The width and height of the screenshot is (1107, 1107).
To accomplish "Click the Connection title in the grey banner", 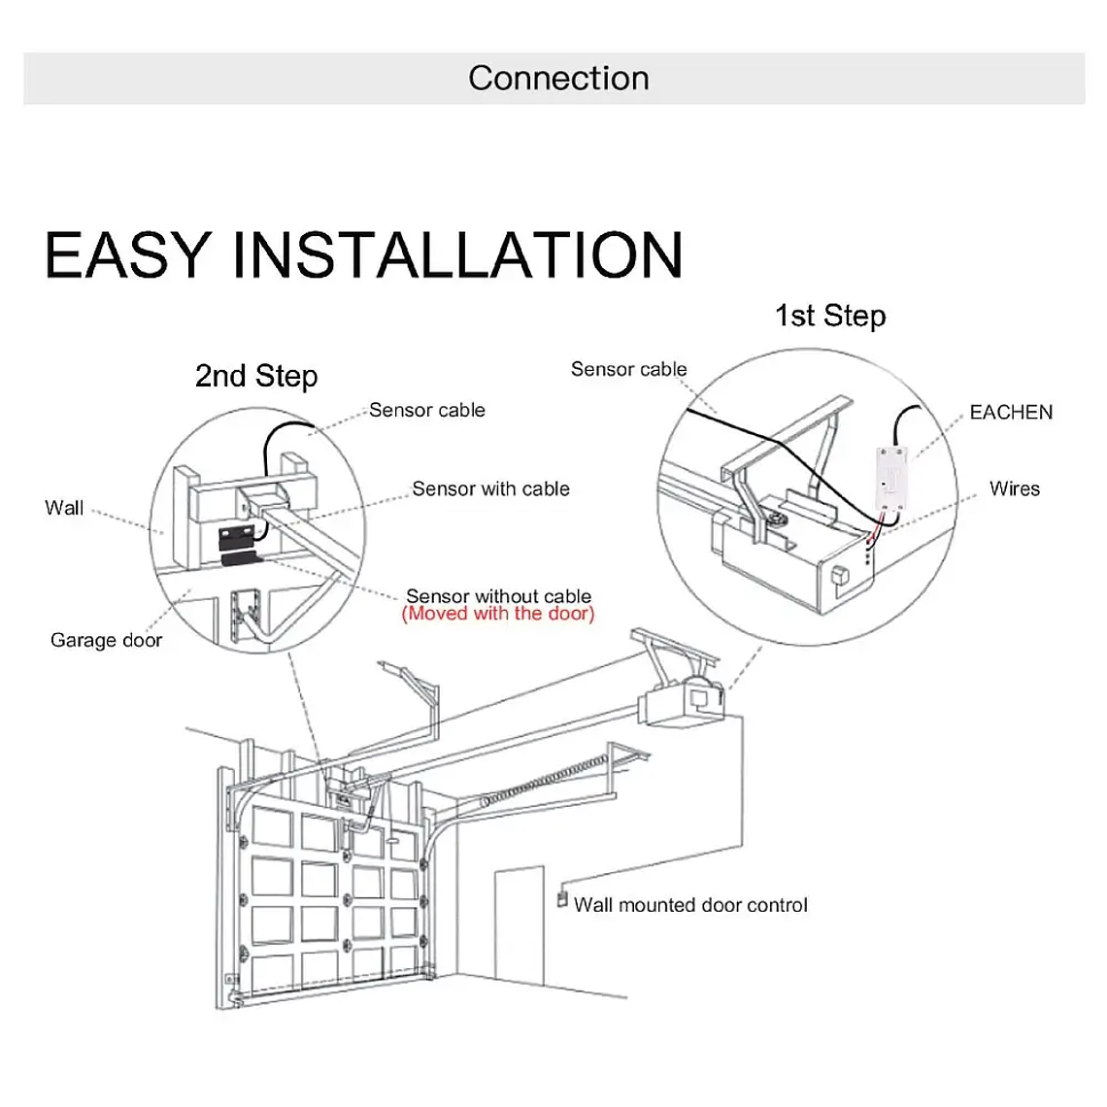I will (x=558, y=79).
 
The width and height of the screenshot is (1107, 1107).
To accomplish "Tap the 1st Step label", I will (x=830, y=316).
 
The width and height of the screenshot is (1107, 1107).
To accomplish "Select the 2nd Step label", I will (x=256, y=376).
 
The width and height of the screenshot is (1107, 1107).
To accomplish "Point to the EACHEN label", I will (x=1011, y=412).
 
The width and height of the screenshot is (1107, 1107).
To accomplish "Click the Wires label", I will (x=1014, y=488).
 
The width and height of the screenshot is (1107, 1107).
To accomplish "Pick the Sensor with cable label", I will (x=490, y=488).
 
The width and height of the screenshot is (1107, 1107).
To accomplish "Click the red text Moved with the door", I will (x=497, y=614).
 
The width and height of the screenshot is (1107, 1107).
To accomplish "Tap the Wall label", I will (x=64, y=508).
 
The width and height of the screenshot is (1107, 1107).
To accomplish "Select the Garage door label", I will (x=106, y=640).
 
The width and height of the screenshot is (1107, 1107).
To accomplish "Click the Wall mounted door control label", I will (x=690, y=905).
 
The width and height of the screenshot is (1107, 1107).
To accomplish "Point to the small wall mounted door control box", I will (x=561, y=898).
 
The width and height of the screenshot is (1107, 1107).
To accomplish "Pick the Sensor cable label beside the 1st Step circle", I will (x=628, y=369).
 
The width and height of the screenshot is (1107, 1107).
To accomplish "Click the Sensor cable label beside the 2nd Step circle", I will (x=426, y=410).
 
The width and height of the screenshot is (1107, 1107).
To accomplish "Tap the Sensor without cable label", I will (x=498, y=595).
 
